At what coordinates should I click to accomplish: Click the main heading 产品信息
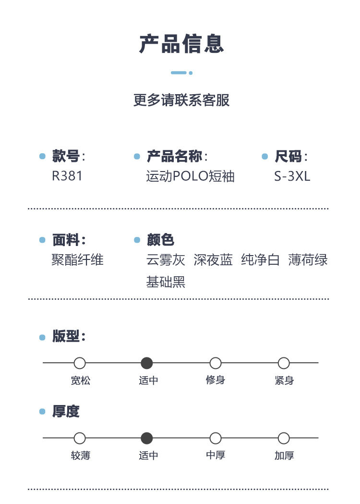pos(181,44)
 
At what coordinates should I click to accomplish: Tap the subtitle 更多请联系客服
pos(181,100)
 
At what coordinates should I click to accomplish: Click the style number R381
pos(67,176)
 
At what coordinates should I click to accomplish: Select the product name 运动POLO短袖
pos(190,176)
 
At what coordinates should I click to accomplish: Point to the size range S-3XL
pos(292,176)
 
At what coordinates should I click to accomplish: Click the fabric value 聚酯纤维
pos(77,260)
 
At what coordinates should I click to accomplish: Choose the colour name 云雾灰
pos(166,260)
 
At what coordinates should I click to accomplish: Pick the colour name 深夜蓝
pos(213,260)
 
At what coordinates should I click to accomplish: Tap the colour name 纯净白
pos(260,260)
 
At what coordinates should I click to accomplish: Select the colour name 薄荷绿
pos(308,260)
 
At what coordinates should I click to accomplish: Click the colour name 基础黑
pos(166,282)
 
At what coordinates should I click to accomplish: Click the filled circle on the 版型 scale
pos(147,363)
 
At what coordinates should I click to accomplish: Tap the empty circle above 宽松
pos(80,363)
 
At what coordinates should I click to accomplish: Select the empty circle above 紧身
pos(284,363)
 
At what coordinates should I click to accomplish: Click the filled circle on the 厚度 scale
pos(147,438)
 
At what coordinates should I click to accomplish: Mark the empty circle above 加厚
pos(284,438)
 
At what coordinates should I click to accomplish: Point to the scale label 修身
pos(216,380)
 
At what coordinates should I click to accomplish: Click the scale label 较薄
pos(80,455)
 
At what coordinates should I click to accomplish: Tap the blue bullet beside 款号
pos(42,157)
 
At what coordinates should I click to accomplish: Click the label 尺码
pos(288,157)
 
